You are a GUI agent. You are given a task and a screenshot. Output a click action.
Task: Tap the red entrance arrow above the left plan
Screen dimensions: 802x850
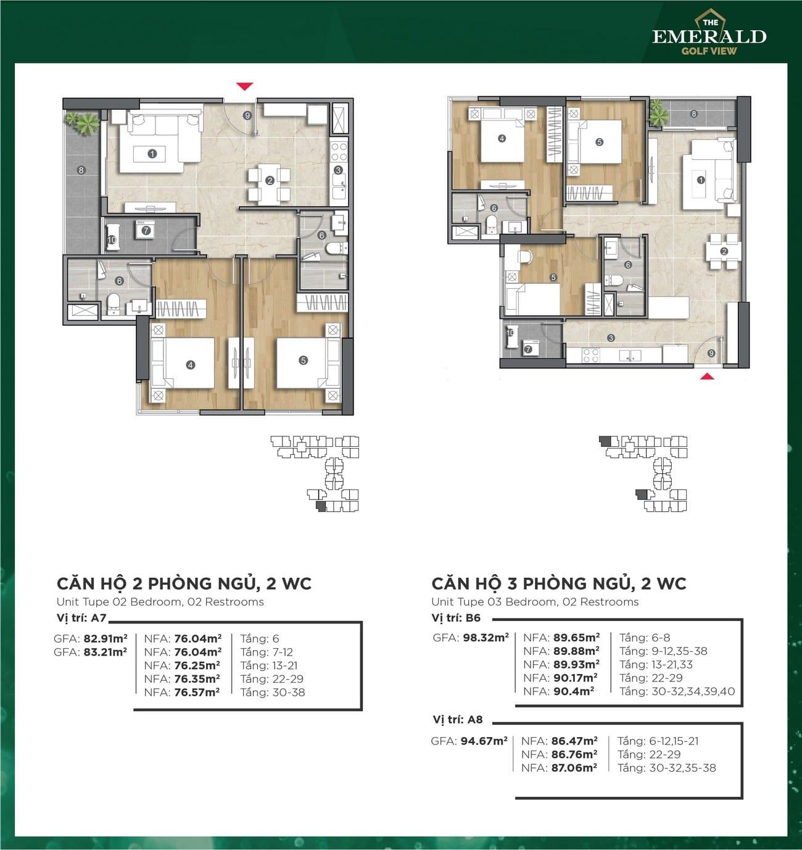click(244, 86)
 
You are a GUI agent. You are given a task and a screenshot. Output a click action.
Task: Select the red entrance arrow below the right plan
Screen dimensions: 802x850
click(708, 377)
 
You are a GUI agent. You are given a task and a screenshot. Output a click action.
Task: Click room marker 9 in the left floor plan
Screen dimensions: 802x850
click(247, 115)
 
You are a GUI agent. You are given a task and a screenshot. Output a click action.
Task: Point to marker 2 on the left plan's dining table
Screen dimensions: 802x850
click(270, 181)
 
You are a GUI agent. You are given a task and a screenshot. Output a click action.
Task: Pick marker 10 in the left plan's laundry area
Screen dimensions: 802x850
click(112, 240)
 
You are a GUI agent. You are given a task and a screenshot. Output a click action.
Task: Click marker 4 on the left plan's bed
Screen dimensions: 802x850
click(191, 365)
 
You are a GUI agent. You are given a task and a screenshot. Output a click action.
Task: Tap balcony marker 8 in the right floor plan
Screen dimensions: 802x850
click(693, 114)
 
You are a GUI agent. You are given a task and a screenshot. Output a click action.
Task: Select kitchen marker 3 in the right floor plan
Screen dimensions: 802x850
click(611, 338)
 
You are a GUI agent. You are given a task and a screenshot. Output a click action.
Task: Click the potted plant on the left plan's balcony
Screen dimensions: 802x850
click(83, 122)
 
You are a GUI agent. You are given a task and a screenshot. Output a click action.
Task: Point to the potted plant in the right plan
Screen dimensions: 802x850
click(659, 112)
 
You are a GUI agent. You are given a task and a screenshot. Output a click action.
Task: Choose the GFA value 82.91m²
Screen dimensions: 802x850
click(105, 639)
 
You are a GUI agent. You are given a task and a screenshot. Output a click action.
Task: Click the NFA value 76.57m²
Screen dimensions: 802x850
click(197, 693)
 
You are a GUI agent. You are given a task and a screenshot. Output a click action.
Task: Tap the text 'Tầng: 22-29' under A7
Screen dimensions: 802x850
click(272, 679)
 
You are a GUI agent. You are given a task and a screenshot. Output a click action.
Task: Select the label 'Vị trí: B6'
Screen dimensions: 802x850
click(456, 618)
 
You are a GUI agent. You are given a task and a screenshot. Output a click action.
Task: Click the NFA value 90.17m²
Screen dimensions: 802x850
click(576, 678)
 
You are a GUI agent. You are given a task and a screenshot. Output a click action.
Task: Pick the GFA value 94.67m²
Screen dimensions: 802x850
click(484, 741)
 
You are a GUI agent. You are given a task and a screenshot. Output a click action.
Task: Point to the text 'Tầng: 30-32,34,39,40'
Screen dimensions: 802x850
click(677, 691)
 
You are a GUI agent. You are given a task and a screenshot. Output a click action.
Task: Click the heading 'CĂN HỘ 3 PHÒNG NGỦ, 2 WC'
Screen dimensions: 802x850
click(559, 584)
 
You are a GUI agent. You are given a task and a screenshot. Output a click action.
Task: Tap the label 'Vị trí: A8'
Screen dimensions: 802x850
click(458, 720)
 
